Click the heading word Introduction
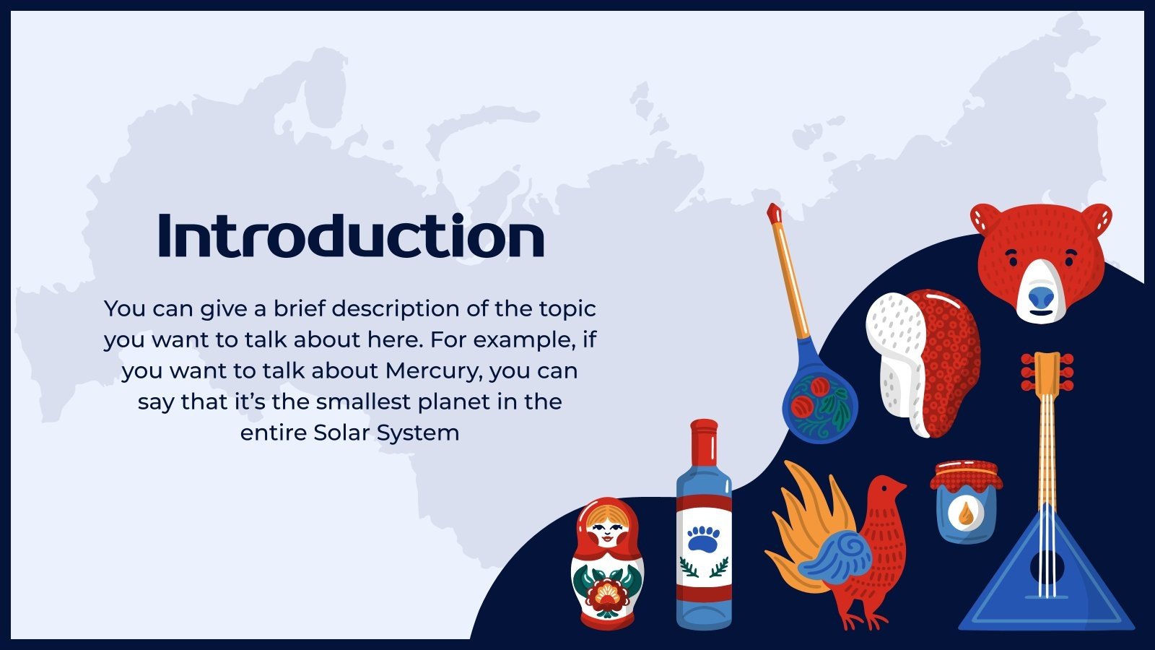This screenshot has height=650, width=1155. (351, 235)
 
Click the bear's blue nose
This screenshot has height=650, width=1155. (1040, 296)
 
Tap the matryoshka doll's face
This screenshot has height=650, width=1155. (607, 532)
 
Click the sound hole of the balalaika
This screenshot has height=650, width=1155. (1047, 568)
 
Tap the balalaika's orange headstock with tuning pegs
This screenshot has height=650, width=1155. (1047, 372)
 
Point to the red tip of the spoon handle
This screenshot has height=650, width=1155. (775, 212)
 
